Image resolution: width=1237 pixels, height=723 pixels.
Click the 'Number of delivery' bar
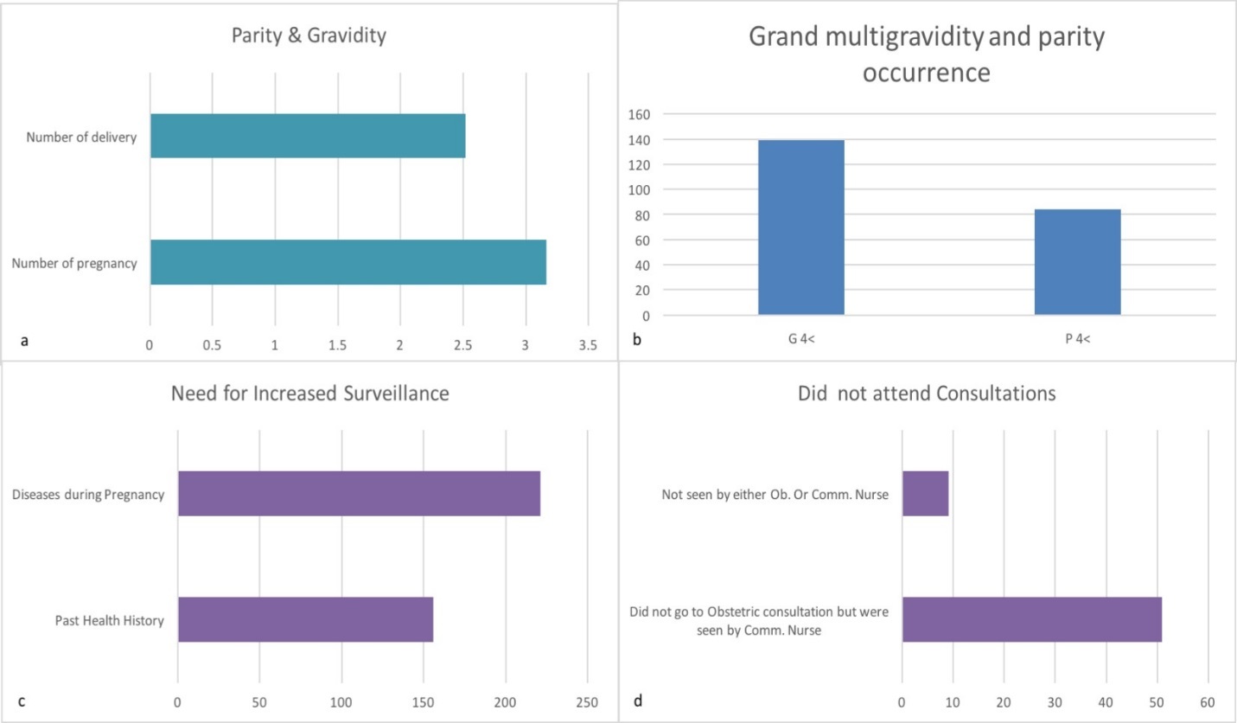[x=308, y=136]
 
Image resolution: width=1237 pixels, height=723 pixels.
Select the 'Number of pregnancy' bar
[x=348, y=262]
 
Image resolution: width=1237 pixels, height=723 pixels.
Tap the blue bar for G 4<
[x=800, y=227]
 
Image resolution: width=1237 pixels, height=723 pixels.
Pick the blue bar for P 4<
[x=1077, y=262]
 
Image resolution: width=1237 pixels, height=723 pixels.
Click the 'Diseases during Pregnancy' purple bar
[x=359, y=493]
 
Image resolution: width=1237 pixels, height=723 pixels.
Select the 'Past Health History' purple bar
[x=305, y=619]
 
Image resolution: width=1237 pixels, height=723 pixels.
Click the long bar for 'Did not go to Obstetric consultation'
[x=1031, y=619]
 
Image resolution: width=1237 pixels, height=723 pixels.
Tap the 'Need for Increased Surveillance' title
[x=309, y=393]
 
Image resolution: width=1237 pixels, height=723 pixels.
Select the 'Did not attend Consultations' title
[x=927, y=393]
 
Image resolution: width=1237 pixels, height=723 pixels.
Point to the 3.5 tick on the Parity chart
[x=588, y=343]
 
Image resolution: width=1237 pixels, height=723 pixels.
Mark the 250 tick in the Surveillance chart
[x=587, y=701]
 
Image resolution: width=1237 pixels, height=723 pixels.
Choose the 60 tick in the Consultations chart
[x=1207, y=701]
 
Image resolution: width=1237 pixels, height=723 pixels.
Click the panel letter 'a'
[x=24, y=341]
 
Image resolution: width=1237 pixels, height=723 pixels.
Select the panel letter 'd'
[x=638, y=701]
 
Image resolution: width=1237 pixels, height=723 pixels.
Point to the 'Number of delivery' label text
[x=81, y=137]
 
